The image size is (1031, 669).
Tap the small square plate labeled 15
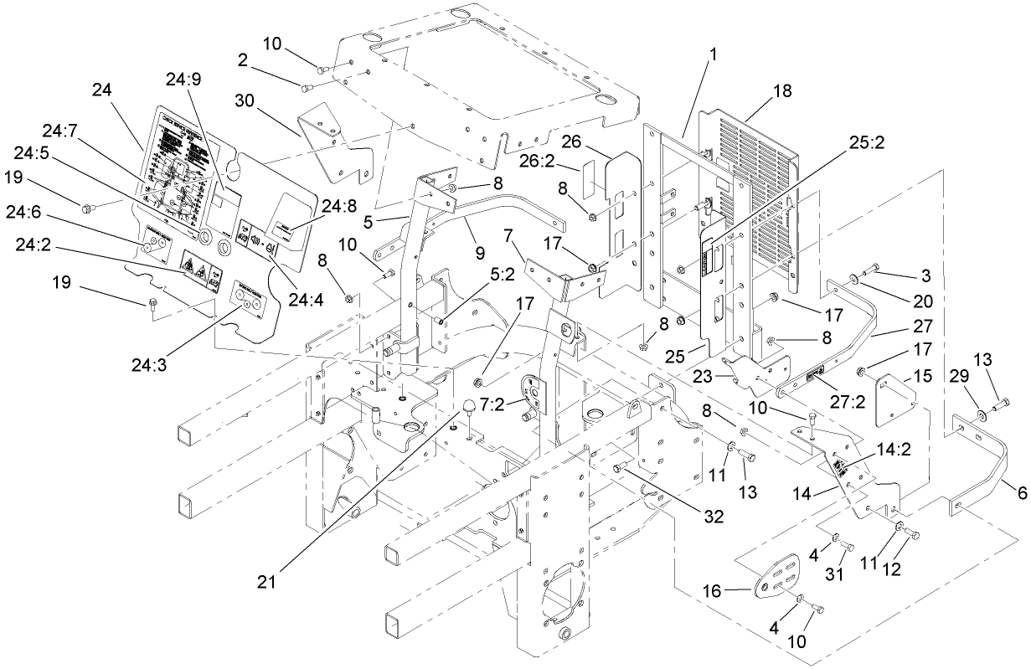(x=893, y=399)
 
